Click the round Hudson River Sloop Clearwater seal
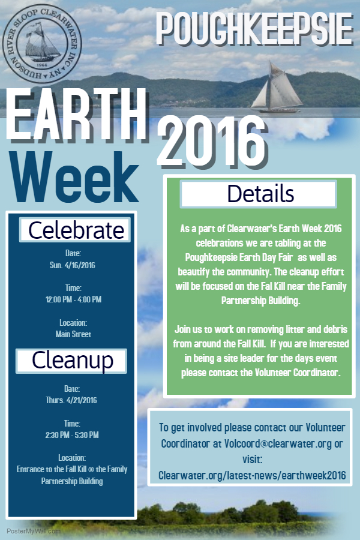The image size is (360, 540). click(x=41, y=44)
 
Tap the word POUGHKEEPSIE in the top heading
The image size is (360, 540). click(x=255, y=29)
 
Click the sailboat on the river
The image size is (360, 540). click(x=277, y=89)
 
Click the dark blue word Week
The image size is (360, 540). click(x=74, y=178)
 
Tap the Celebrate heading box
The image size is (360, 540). click(x=75, y=230)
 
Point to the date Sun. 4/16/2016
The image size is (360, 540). click(x=73, y=265)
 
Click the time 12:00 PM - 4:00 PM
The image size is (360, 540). click(x=73, y=299)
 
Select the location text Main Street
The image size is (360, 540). click(x=73, y=334)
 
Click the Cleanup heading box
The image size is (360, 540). click(x=71, y=361)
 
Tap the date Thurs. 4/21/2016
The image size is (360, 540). click(x=71, y=400)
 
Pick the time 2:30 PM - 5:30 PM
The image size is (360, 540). click(x=72, y=435)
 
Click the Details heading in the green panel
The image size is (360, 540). click(x=259, y=194)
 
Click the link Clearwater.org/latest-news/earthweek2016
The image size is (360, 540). click(x=252, y=475)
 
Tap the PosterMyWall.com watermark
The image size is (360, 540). click(x=34, y=531)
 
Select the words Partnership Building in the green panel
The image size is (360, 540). click(x=260, y=301)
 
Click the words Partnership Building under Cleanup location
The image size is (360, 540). click(x=72, y=481)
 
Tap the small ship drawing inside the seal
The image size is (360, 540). click(x=43, y=42)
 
